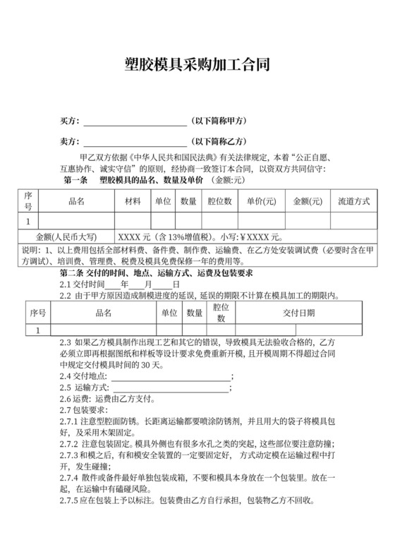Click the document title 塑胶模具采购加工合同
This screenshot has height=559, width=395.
click(x=197, y=66)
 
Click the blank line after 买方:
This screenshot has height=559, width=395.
click(x=135, y=121)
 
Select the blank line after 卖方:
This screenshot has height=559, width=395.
click(x=135, y=142)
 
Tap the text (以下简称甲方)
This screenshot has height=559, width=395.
click(x=221, y=121)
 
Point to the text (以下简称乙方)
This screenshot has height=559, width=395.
click(x=221, y=141)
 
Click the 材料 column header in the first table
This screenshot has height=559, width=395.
click(x=133, y=201)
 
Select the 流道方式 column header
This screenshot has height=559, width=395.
click(x=355, y=201)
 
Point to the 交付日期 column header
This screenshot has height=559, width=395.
click(x=299, y=313)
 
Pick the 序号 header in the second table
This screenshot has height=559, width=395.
click(x=38, y=313)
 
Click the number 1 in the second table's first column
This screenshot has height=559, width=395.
click(x=38, y=330)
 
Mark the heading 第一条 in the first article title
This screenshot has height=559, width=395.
click(x=75, y=181)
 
